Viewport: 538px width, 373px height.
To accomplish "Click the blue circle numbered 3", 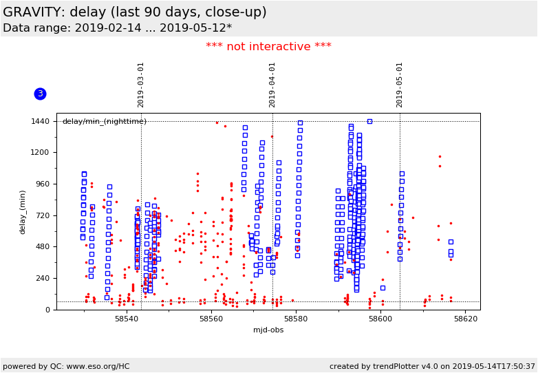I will pos(40,94).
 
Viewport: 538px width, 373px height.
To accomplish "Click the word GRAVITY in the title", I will pos(34,12).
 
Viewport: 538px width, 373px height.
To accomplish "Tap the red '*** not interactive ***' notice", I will pos(268,47).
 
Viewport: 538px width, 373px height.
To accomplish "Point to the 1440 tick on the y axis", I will pos(41,121).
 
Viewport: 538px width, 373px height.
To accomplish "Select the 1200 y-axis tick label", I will pos(41,153).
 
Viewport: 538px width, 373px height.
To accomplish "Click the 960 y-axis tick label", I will pos(43,184).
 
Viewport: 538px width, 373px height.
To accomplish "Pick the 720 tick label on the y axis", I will pos(43,215).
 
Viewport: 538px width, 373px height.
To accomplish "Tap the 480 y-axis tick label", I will pos(43,247).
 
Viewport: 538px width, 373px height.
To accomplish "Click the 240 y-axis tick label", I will pos(43,278).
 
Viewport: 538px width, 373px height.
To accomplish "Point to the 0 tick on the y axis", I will pos(47,310).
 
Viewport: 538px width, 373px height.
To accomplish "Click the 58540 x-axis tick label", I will pos(126,319).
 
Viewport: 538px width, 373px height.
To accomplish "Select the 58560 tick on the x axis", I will pos(211,319).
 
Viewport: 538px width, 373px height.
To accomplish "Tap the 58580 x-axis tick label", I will pos(296,319).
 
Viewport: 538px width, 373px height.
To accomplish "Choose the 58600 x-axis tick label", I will pos(381,319).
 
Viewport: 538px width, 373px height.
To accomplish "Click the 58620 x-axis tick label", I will pos(466,319).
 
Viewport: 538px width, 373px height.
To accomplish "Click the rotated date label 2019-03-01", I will pos(141,84).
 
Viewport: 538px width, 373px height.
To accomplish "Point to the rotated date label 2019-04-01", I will pos(272,84).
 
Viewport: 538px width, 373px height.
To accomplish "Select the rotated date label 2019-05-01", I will pos(400,84).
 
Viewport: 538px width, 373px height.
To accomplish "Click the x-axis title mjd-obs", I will pos(268,330).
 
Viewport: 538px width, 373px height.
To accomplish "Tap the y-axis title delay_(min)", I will pos(22,211).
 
